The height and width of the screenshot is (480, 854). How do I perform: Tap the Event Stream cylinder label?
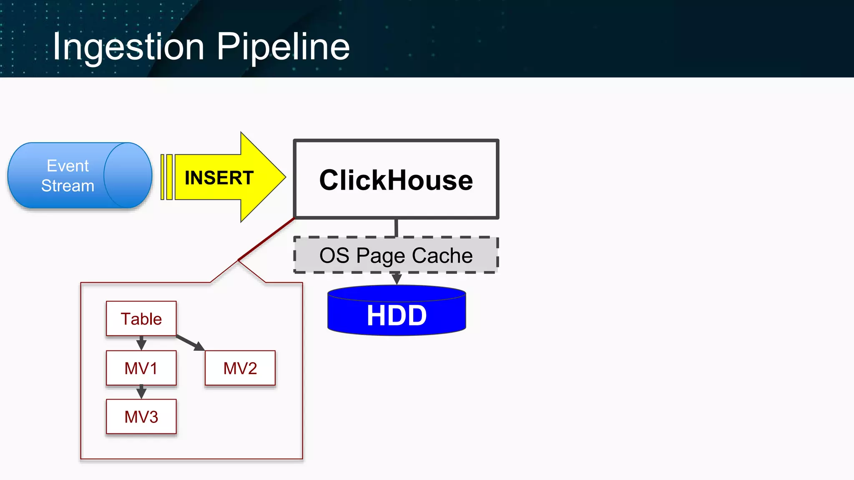click(68, 176)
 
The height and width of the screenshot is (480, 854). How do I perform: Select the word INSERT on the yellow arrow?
click(219, 178)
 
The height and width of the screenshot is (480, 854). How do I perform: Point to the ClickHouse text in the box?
click(396, 180)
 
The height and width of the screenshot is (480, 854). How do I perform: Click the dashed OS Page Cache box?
click(396, 255)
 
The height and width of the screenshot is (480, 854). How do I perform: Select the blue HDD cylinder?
click(396, 315)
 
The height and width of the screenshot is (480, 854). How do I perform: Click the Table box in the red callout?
click(141, 319)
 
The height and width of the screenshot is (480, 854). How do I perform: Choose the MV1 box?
click(141, 368)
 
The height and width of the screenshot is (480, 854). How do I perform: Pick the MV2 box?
click(240, 368)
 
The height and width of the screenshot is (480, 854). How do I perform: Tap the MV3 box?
click(141, 417)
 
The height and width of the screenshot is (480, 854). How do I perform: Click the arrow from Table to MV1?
click(141, 343)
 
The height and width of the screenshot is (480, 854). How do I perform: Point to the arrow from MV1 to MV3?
click(141, 392)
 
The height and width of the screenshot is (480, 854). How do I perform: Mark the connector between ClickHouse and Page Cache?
click(396, 228)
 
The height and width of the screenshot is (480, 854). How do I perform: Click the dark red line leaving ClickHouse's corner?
click(267, 239)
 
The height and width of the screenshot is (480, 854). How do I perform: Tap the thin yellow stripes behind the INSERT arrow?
click(166, 177)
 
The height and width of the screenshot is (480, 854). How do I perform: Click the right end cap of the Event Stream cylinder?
click(128, 175)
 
